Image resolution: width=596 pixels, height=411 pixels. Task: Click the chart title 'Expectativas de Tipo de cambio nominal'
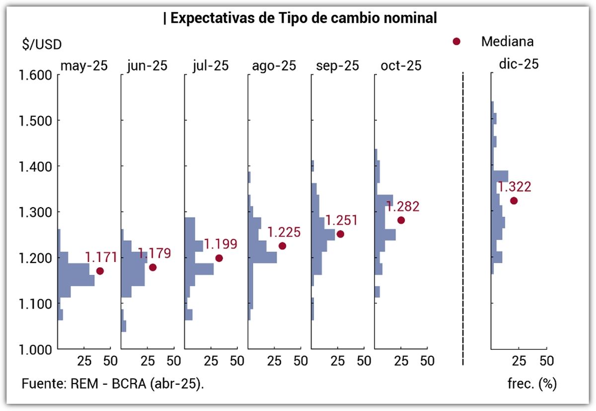point(300,18)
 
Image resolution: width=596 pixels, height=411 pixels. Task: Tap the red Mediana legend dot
point(456,42)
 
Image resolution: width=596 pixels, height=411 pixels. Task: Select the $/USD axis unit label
point(42,44)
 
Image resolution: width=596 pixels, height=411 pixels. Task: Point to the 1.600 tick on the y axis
point(36,75)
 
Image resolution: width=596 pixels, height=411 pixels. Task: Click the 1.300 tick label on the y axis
point(36,212)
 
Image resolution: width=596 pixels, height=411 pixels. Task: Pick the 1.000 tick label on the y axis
point(36,349)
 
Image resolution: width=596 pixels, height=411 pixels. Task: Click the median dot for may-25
point(100,271)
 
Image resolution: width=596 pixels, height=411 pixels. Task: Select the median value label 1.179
point(154,253)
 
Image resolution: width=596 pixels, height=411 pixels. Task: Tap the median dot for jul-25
point(219,258)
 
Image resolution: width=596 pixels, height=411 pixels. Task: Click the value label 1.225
point(284,232)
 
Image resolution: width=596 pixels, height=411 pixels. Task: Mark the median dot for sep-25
point(340,234)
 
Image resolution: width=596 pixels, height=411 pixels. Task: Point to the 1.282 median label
point(403,207)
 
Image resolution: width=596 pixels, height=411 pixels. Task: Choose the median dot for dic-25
point(514,201)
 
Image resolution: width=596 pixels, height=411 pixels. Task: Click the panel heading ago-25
point(274,66)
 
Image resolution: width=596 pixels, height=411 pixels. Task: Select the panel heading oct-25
point(401,66)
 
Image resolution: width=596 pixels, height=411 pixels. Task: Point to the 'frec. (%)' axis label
point(531,384)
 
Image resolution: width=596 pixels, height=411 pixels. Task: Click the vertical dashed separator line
point(463,219)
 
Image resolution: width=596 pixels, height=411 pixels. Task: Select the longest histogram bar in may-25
point(76,280)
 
